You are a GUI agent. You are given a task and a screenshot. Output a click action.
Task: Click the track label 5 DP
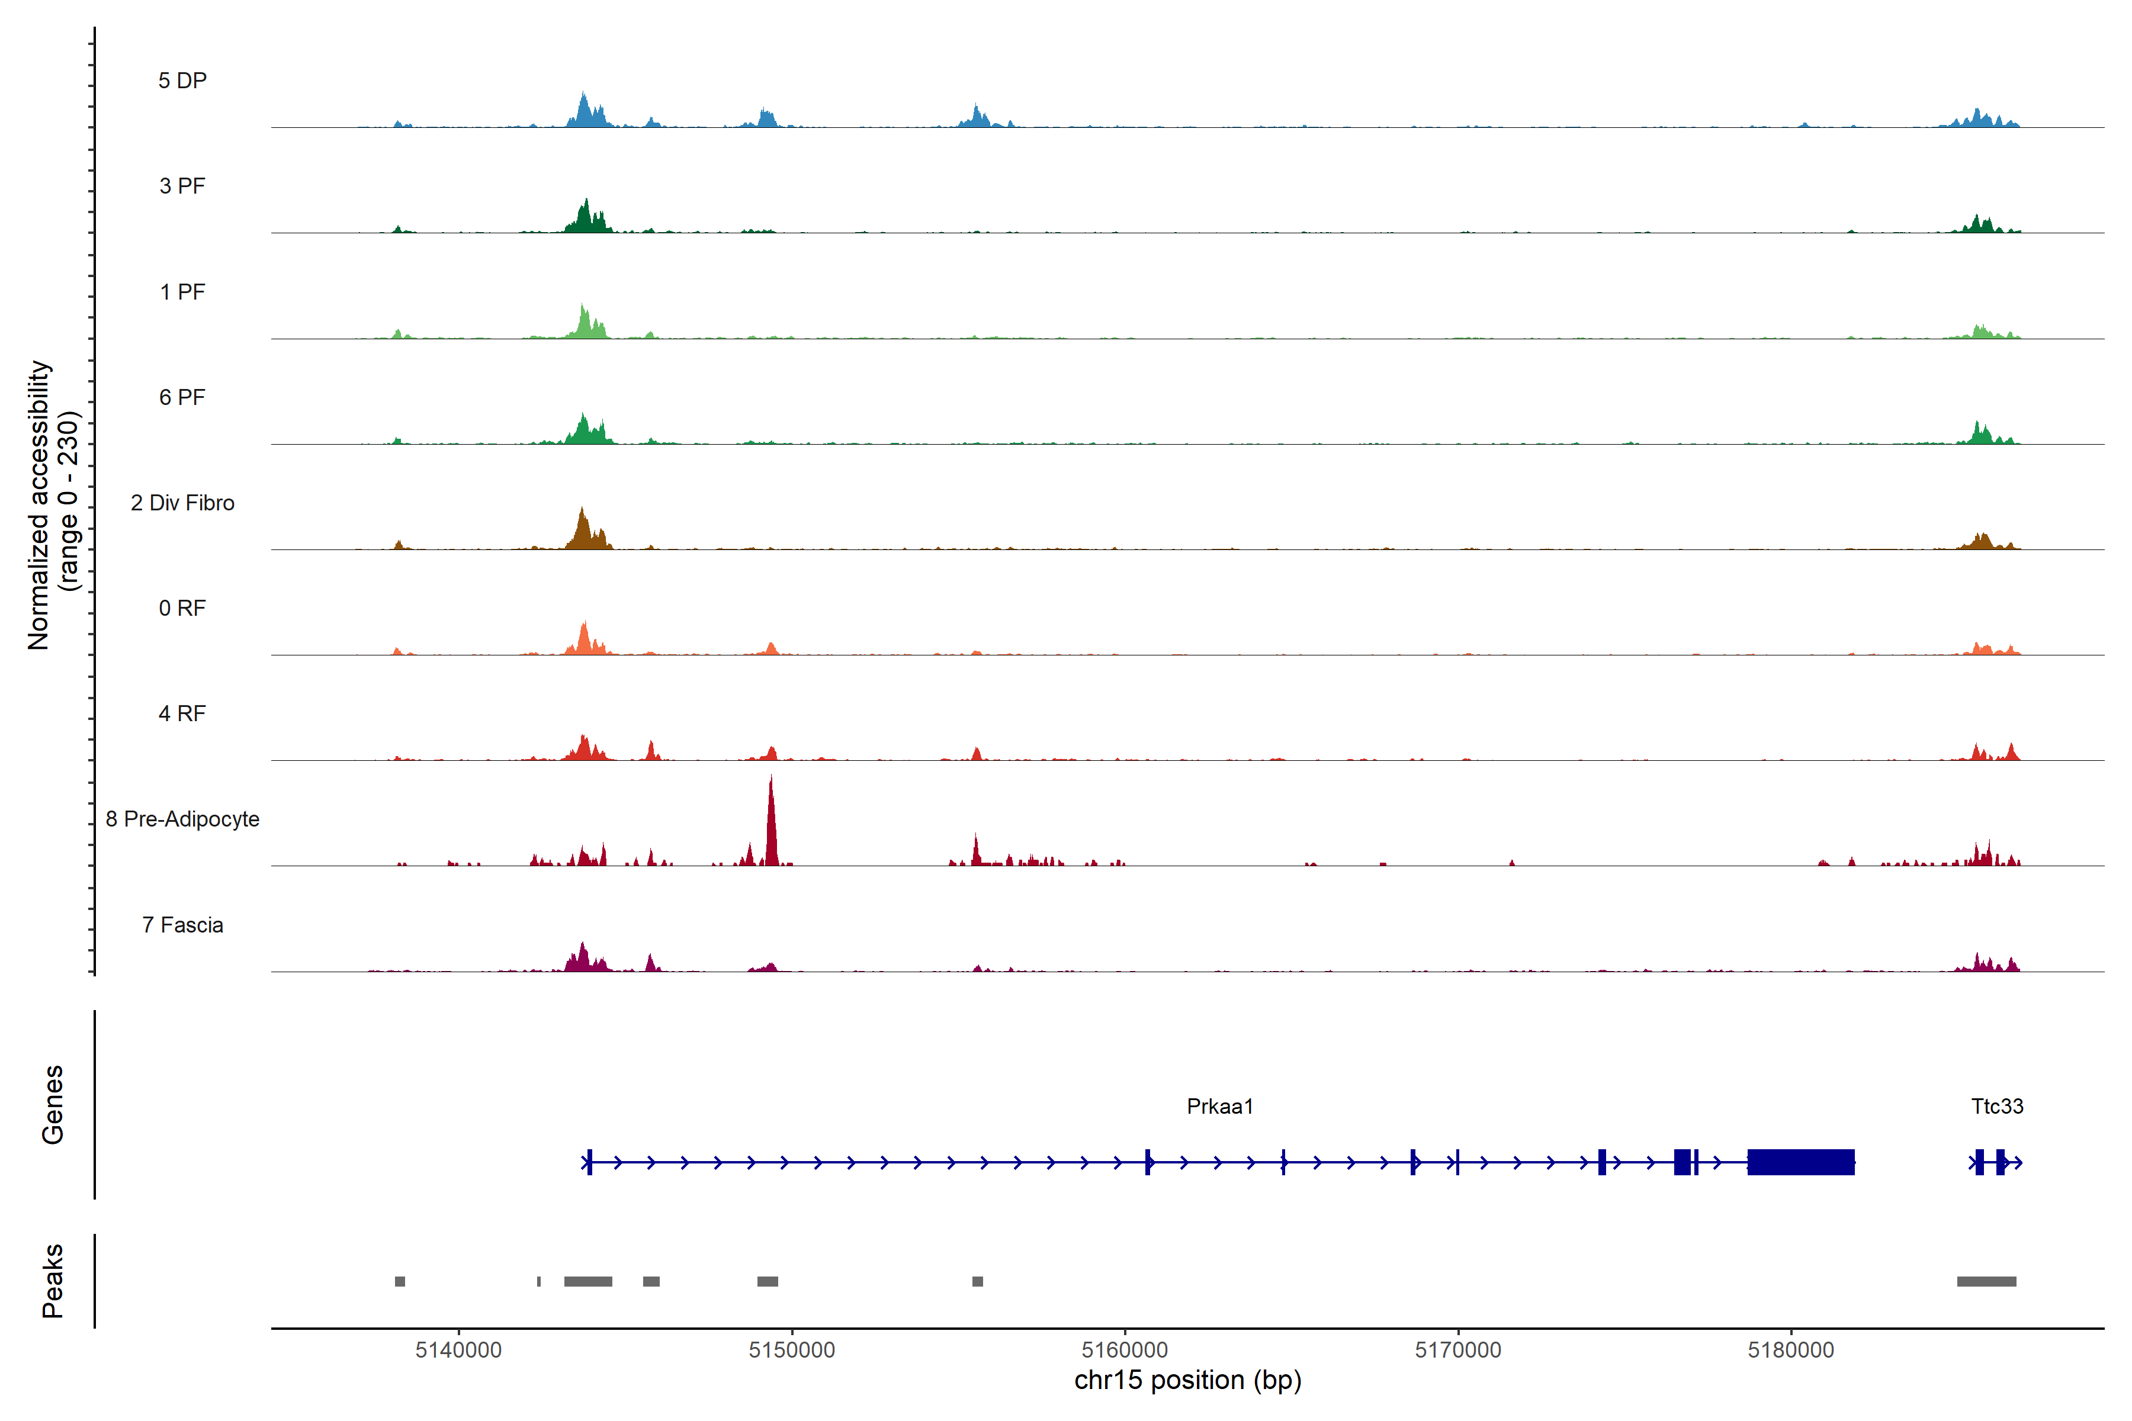182,81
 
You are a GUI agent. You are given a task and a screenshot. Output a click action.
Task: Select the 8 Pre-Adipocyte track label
182,819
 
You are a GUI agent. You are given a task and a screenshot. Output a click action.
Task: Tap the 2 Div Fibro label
182,503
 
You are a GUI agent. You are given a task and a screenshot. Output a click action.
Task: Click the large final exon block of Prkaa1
1800,1162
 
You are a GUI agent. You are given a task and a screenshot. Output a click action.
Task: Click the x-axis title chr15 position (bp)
1187,1380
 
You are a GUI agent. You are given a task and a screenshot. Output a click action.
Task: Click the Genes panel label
53,1105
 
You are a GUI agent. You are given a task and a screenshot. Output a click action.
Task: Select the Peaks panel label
53,1281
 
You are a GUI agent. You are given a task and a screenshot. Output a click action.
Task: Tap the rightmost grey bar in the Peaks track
1986,1281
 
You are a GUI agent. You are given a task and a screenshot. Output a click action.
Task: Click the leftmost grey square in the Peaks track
400,1281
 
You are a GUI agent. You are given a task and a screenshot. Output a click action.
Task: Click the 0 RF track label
182,608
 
